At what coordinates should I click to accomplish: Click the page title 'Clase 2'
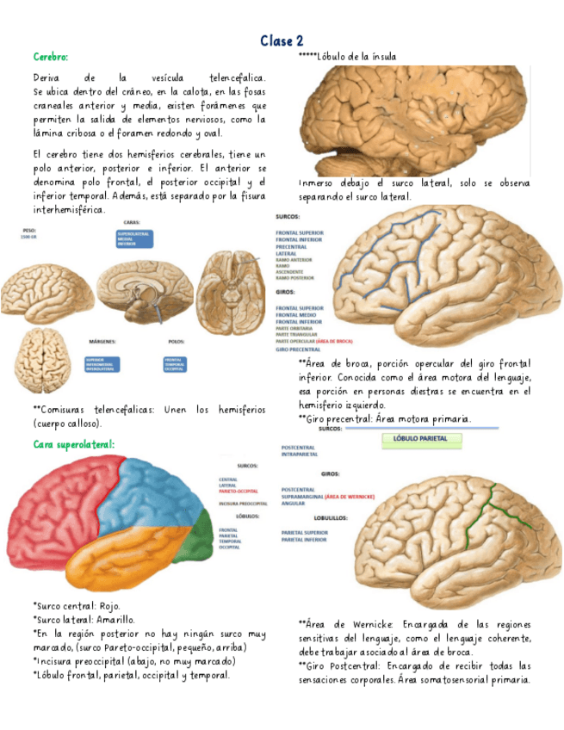(x=282, y=40)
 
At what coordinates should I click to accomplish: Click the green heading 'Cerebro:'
(x=50, y=57)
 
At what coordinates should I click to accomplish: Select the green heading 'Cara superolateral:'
(x=74, y=444)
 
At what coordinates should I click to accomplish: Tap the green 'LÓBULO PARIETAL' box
(x=421, y=439)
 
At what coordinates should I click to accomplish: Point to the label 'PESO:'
(x=30, y=231)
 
